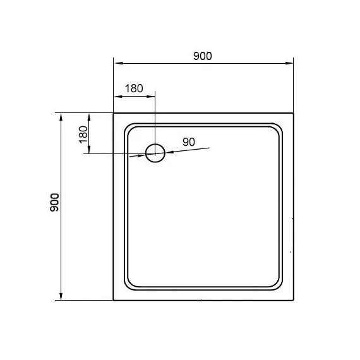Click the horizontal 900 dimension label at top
(203, 56)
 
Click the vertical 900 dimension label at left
(55, 203)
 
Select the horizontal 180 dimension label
(134, 88)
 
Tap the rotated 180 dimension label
(83, 135)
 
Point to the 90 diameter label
(189, 142)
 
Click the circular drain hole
(155, 144)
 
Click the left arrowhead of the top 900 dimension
(119, 63)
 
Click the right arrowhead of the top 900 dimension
(289, 63)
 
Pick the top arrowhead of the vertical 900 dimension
(61, 117)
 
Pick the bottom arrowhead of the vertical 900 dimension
(61, 296)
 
